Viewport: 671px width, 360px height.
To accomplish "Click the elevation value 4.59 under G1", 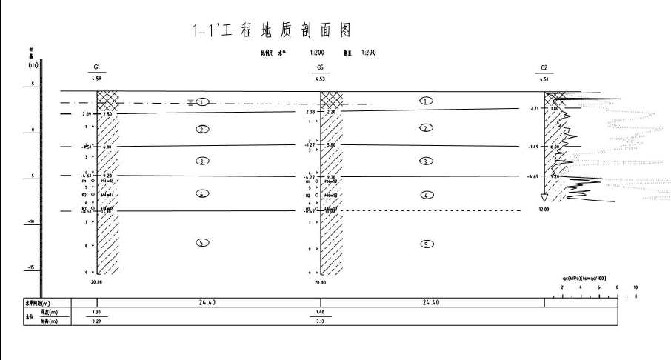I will (x=96, y=77).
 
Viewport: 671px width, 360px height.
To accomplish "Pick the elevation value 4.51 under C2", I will (x=545, y=78).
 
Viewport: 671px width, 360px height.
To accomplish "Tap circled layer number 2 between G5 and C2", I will (x=426, y=128).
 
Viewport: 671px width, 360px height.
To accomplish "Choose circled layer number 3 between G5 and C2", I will (x=426, y=161).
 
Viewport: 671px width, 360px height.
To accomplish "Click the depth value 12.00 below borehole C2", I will (x=544, y=210).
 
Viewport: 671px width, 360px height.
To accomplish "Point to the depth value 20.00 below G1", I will (x=96, y=282).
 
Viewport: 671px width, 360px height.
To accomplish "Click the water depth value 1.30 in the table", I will (x=96, y=313).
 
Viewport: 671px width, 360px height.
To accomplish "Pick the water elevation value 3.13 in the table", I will (x=319, y=321).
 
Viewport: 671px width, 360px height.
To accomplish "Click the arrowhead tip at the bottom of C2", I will (x=545, y=201).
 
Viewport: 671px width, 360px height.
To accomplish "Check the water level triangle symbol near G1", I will (x=190, y=102).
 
